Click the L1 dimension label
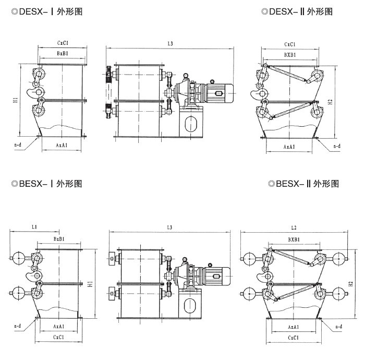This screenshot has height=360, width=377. (34, 227)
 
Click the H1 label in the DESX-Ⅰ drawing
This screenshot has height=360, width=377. (16, 99)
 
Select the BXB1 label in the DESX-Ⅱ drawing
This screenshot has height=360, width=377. (290, 55)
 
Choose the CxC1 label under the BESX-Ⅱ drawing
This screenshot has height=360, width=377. (294, 338)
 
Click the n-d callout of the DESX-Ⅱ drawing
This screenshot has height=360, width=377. (337, 147)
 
